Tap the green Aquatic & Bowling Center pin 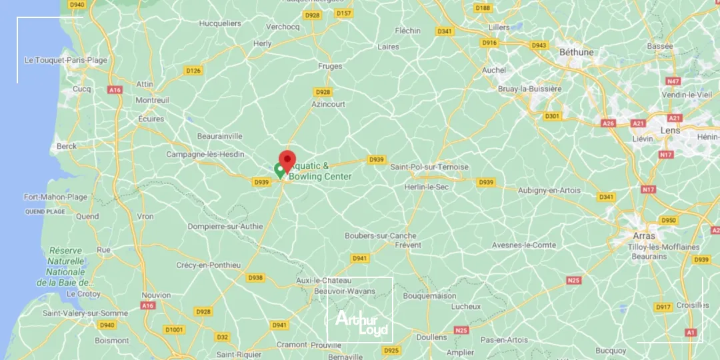click(280, 169)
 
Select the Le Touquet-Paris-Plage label click(65, 60)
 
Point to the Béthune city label click(577, 52)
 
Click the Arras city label click(644, 236)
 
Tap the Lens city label click(669, 131)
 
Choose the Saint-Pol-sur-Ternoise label click(429, 167)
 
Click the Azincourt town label click(328, 105)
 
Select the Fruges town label click(330, 66)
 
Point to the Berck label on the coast click(67, 146)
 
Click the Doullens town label click(431, 337)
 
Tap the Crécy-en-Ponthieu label click(209, 265)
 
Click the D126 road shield click(193, 71)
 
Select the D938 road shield click(255, 278)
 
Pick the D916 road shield click(490, 43)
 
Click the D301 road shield click(552, 116)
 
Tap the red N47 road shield click(673, 81)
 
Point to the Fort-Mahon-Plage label click(55, 197)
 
